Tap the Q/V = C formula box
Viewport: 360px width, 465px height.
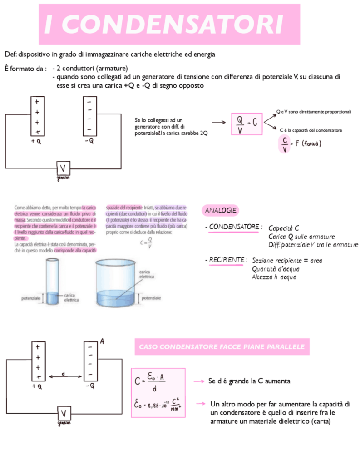tap(247, 124)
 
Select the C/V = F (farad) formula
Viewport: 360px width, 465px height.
tap(300, 144)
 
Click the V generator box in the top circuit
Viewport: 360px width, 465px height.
tap(63, 168)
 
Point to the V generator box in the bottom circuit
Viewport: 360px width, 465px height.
tap(64, 414)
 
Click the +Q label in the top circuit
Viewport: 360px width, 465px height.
tap(36, 141)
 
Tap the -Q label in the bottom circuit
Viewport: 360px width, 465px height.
tap(89, 386)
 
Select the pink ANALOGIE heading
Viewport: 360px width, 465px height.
tap(221, 211)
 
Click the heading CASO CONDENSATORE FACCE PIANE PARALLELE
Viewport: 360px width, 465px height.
tap(222, 347)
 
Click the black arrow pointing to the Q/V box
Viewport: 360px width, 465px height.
tap(219, 122)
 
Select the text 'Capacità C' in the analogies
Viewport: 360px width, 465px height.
tap(283, 228)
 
